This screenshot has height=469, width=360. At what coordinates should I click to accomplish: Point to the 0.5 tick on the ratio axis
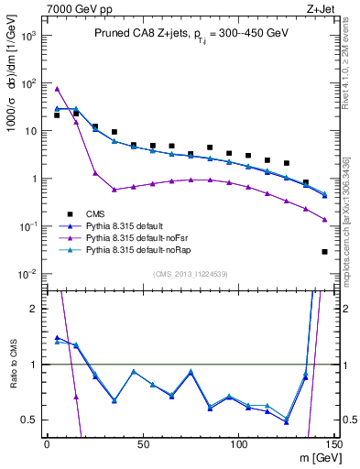click(30, 420)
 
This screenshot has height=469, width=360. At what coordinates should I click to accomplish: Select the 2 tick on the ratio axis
click(34, 309)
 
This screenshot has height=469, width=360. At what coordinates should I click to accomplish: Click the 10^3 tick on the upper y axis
click(28, 35)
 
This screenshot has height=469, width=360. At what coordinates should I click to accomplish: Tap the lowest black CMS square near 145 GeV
click(325, 251)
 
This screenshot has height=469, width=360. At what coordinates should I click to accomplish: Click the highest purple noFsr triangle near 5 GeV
click(57, 89)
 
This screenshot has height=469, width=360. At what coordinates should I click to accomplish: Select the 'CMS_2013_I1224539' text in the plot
click(191, 273)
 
